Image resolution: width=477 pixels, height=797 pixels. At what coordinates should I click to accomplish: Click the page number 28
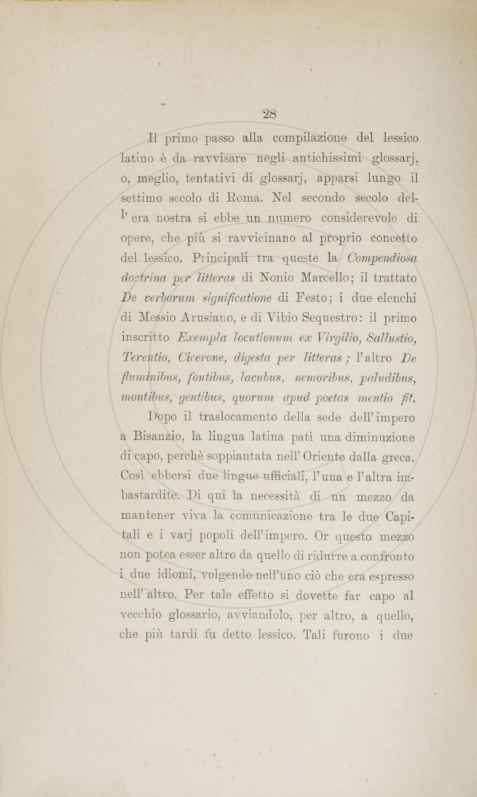269,114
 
